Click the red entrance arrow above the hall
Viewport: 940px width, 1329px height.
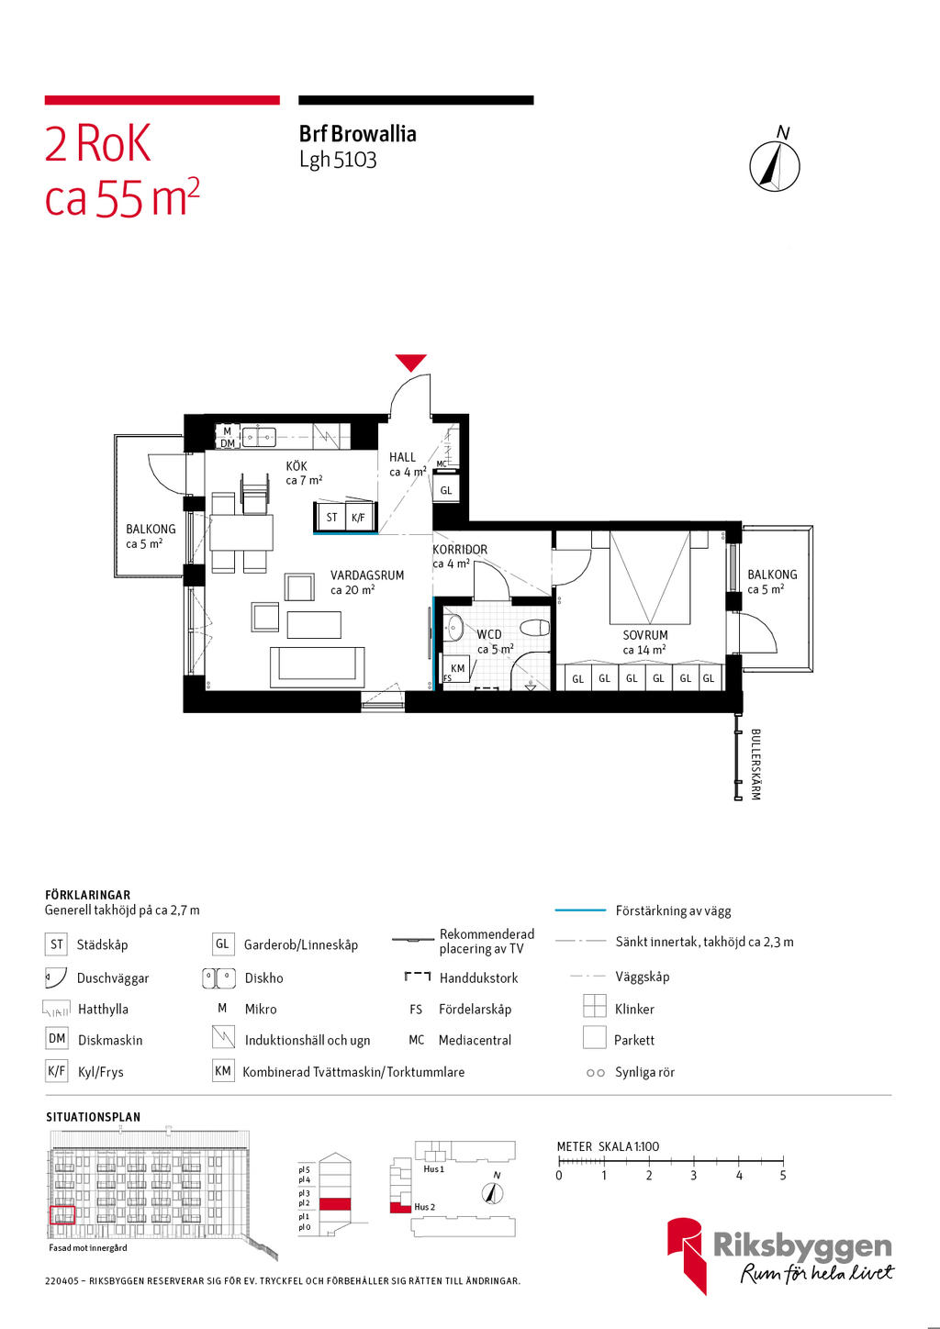[410, 363]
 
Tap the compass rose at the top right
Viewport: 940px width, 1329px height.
[775, 167]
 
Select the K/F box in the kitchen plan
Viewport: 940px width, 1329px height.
[358, 518]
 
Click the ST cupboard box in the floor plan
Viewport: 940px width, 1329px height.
[331, 518]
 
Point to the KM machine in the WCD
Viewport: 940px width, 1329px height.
[457, 668]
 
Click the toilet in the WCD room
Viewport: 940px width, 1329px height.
[534, 629]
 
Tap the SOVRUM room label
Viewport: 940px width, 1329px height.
[645, 635]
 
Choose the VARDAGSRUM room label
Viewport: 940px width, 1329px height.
[367, 575]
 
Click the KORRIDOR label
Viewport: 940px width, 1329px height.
[460, 550]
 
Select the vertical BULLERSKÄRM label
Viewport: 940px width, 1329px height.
[755, 765]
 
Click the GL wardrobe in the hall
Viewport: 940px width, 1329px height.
[446, 490]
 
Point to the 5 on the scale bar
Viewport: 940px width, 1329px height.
[783, 1176]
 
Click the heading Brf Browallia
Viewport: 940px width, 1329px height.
[358, 134]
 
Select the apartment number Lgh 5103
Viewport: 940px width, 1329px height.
[338, 160]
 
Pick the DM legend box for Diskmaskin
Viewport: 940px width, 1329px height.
[57, 1039]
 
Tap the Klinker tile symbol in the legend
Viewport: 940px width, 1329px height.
[595, 1007]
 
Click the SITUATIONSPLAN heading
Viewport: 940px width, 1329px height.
[94, 1117]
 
